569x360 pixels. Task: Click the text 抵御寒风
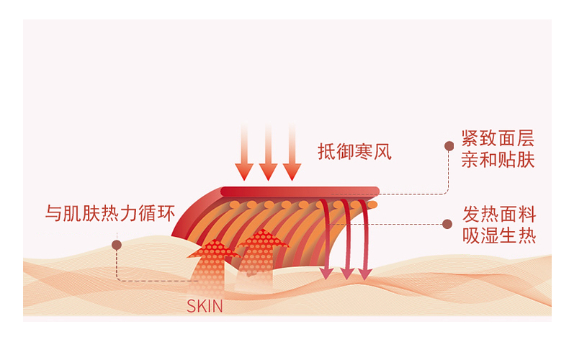pos(354,153)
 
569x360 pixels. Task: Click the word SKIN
pos(205,305)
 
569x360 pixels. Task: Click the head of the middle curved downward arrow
pos(347,273)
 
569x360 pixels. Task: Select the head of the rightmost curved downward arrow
pos(365,273)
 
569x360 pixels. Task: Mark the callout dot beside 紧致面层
pos(449,146)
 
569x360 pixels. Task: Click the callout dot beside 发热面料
pos(449,224)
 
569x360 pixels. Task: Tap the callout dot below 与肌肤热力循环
pos(117,245)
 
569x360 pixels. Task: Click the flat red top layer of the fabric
pos(299,192)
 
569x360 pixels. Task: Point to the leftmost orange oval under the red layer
pos(235,205)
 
